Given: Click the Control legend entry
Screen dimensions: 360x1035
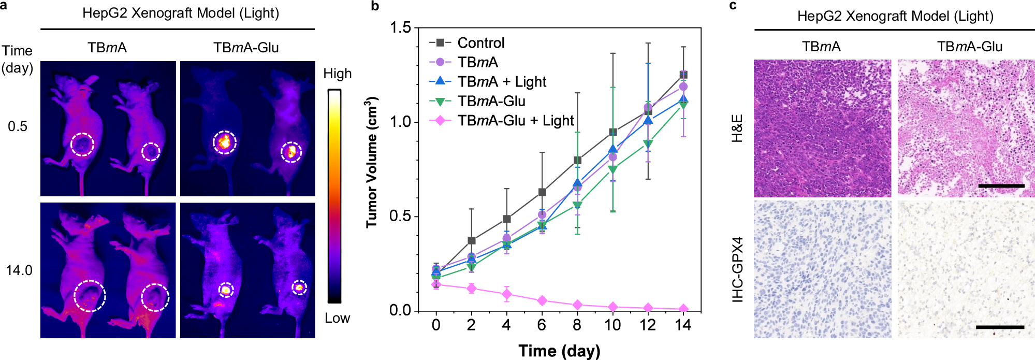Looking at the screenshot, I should point(480,43).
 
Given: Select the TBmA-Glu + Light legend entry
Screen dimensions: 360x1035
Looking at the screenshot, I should point(515,121).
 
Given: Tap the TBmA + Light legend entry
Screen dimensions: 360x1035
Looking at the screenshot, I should point(502,82).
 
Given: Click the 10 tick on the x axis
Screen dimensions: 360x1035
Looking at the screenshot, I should point(613,325).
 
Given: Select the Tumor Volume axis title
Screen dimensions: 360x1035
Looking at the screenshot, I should point(372,162).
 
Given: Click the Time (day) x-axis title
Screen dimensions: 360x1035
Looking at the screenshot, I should point(559,351).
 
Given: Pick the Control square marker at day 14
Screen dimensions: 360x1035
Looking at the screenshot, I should point(683,75).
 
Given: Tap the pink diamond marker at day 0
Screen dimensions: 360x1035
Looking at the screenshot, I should point(436,284).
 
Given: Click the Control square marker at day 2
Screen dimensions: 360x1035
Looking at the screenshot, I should point(471,240).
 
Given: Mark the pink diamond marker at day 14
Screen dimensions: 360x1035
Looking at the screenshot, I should point(683,309).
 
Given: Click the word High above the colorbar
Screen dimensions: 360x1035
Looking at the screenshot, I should point(337,74).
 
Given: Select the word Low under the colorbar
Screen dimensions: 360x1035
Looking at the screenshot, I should point(337,318).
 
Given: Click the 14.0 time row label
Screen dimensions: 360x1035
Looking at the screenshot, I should point(19,270).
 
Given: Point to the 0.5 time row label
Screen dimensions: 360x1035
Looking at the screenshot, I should point(18,127).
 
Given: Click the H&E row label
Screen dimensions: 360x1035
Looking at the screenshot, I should point(737,128).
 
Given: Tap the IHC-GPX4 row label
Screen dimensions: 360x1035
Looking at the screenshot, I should point(737,269).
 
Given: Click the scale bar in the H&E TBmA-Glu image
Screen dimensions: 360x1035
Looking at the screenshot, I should point(1001,185).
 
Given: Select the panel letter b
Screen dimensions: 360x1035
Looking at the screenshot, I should point(375,6).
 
